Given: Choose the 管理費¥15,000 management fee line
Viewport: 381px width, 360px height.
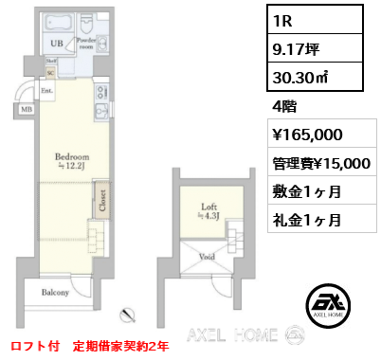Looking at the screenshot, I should point(319,162).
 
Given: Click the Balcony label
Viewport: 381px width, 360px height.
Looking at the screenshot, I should point(54,293).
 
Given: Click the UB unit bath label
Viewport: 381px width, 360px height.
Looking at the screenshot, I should point(56,44).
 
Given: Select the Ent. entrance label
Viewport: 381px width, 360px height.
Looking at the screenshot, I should point(46,92).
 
